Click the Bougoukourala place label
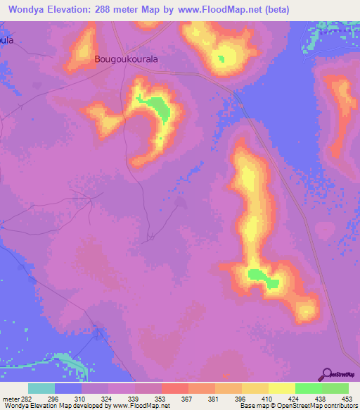[x=126, y=61]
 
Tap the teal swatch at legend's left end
[x=41, y=388]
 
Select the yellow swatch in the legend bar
[x=281, y=388]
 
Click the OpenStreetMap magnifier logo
[x=326, y=373]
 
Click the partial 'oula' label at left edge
[x=7, y=40]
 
